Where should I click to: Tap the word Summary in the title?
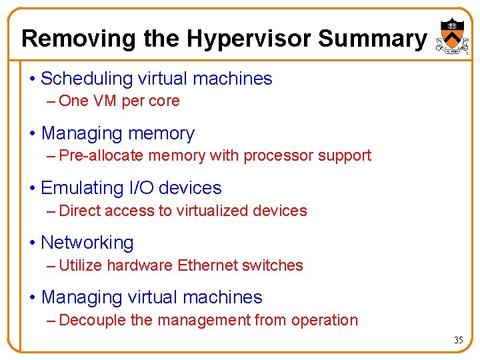click(371, 39)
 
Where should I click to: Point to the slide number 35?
click(458, 340)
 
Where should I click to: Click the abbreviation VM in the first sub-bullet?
click(104, 101)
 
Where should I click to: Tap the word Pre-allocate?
click(101, 156)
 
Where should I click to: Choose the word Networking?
click(87, 243)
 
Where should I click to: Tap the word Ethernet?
click(207, 265)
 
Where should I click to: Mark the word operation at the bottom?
click(325, 320)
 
